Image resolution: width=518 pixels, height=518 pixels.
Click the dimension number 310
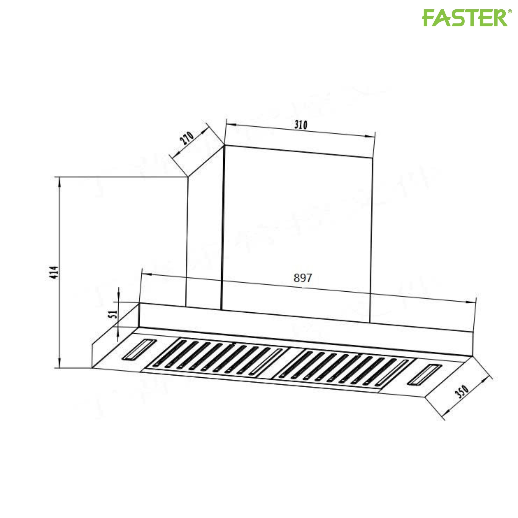301,125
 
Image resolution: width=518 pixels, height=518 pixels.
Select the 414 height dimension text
54,272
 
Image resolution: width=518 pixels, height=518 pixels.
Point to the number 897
303,278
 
